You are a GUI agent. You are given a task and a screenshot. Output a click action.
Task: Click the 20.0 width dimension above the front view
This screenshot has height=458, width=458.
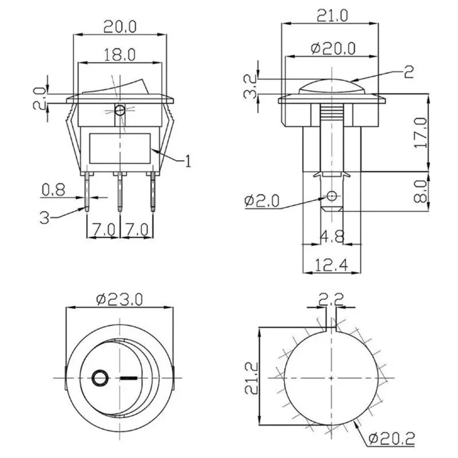(120, 27)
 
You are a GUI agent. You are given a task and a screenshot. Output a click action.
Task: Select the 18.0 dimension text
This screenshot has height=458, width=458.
(120, 54)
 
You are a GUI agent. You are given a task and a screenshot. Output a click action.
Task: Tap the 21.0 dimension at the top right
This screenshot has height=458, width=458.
(332, 16)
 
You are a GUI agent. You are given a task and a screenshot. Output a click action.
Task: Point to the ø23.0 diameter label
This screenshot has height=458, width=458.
(119, 300)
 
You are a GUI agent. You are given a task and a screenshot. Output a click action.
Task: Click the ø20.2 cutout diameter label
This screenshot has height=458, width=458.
(392, 438)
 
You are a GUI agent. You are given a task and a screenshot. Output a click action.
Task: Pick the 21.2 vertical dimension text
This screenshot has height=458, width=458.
(252, 378)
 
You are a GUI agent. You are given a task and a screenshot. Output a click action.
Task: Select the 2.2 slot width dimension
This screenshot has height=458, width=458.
(331, 300)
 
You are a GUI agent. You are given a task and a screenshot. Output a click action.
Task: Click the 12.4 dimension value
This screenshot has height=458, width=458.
(332, 265)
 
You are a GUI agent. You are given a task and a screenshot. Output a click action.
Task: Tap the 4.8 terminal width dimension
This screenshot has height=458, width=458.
(332, 237)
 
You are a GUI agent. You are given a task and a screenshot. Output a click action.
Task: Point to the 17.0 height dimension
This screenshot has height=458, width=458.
(421, 133)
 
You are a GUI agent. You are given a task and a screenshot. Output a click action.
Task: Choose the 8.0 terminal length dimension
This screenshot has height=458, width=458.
(421, 191)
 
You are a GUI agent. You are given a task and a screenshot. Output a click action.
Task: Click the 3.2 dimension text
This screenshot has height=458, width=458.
(251, 86)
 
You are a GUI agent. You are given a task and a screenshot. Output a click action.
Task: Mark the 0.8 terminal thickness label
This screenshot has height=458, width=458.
(53, 190)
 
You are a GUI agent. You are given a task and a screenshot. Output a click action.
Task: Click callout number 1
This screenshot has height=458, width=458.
(188, 161)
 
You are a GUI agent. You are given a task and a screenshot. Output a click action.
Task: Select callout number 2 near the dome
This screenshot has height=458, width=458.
(409, 72)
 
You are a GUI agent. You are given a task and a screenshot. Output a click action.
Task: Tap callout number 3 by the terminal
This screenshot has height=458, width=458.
(44, 218)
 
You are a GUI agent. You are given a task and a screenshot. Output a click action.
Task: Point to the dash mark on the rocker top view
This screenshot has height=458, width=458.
(128, 379)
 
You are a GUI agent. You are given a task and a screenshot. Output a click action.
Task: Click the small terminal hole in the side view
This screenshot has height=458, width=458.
(331, 196)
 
